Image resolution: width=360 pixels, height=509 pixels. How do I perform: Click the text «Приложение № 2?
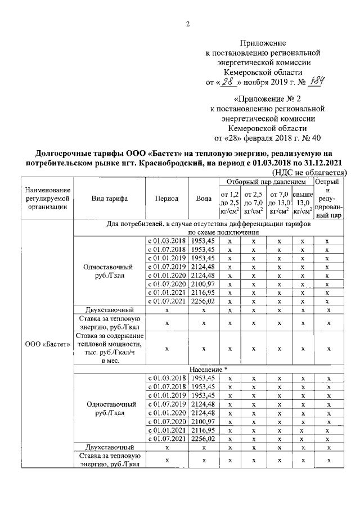[x=264, y=99]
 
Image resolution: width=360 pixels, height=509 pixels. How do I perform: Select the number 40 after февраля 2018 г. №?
[x=316, y=137]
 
